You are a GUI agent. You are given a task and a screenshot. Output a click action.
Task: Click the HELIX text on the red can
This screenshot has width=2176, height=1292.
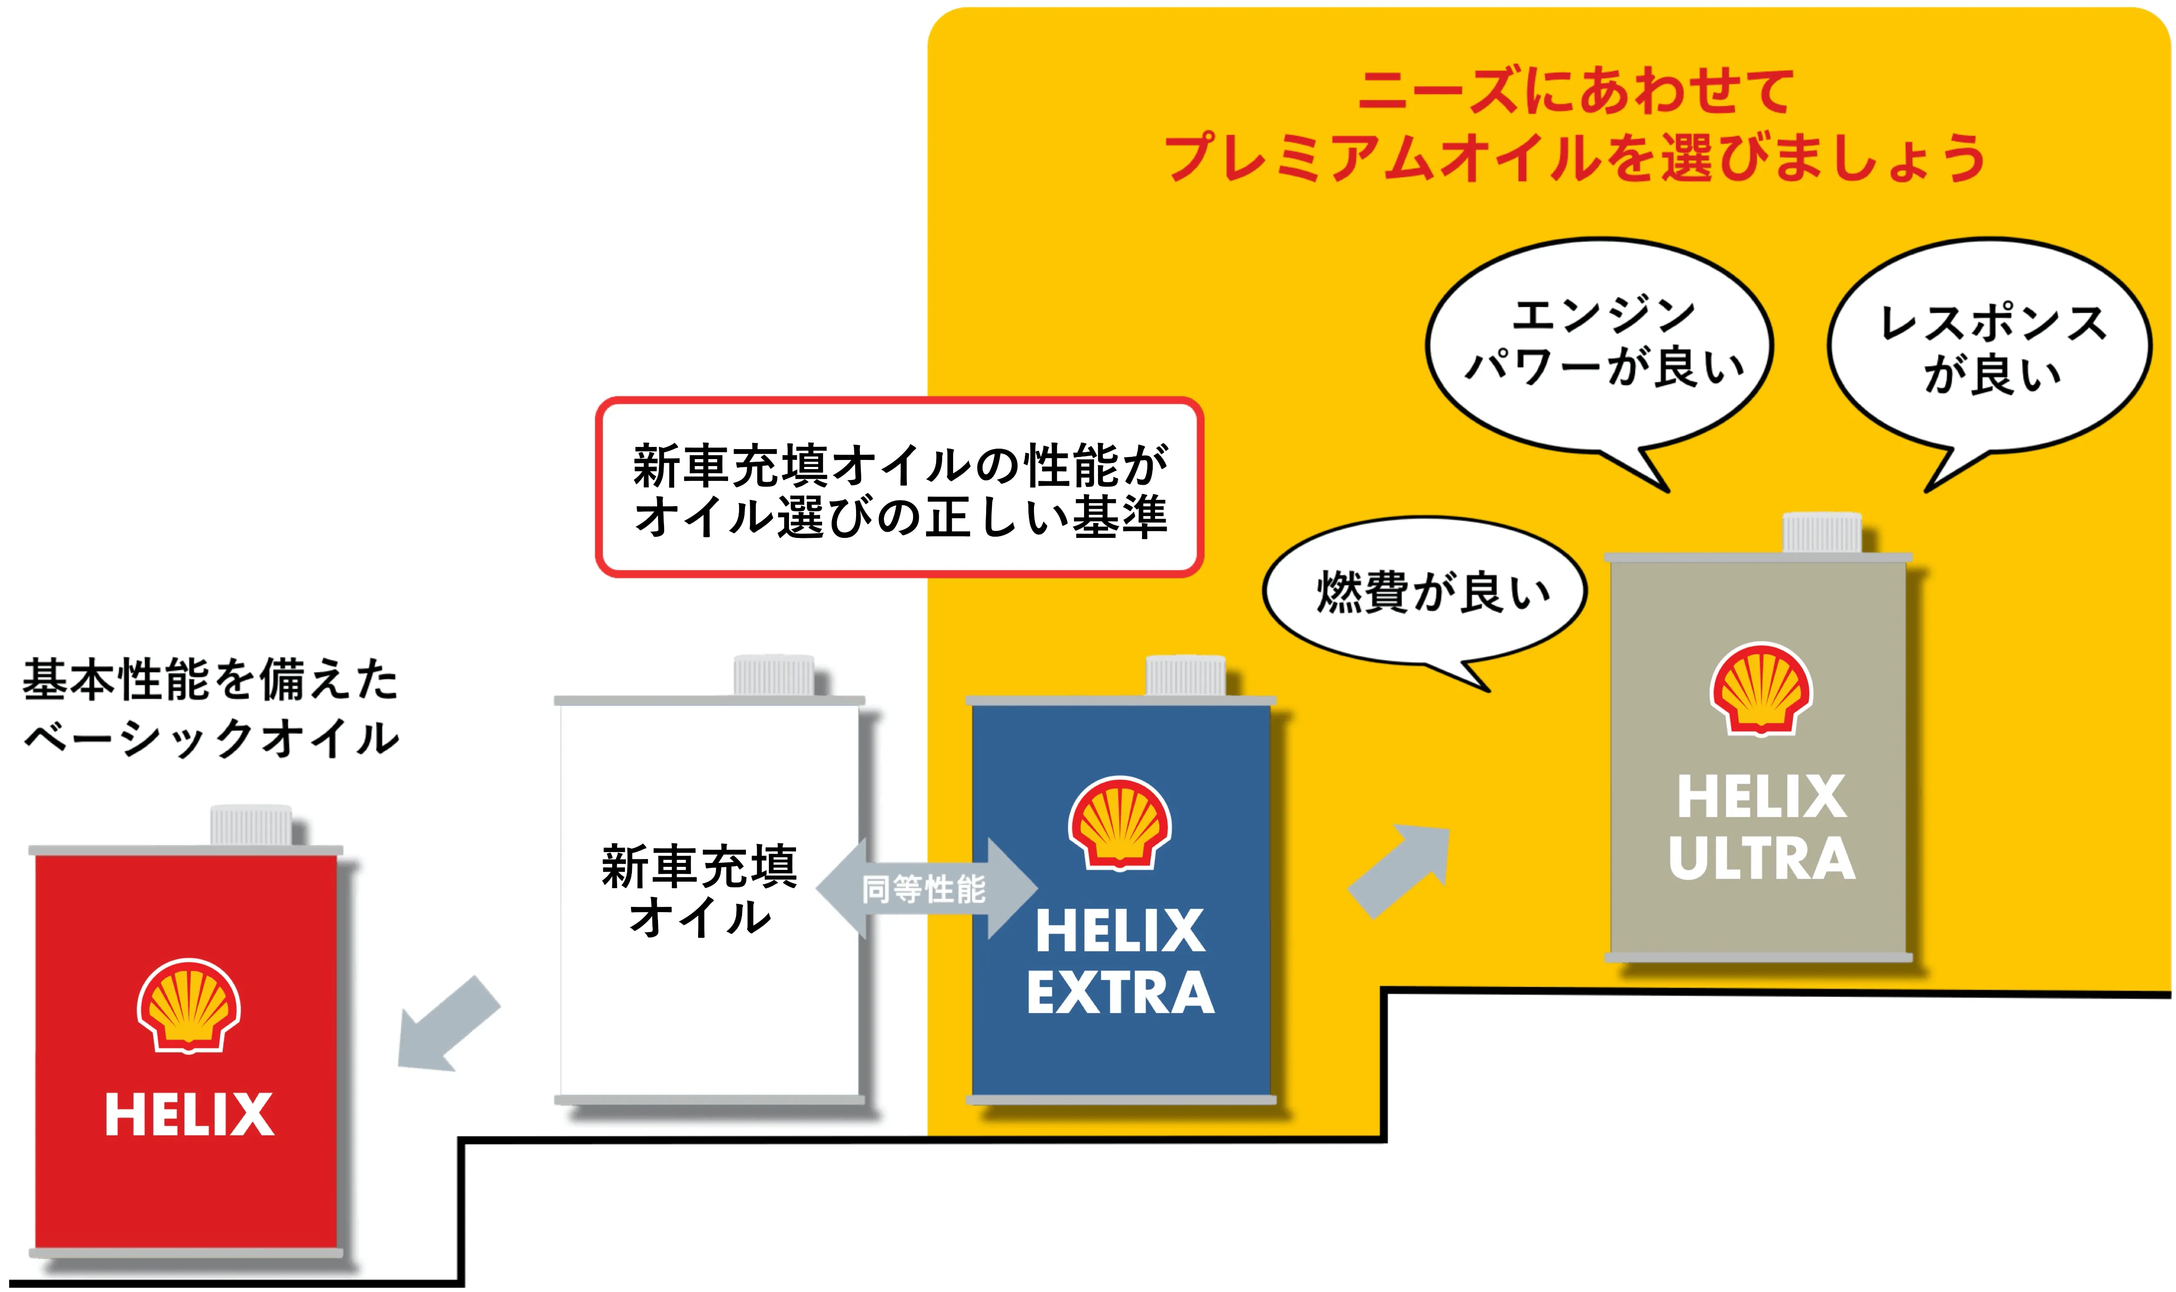[x=189, y=1114]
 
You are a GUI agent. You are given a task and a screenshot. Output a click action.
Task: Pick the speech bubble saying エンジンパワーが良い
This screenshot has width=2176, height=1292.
[x=1600, y=344]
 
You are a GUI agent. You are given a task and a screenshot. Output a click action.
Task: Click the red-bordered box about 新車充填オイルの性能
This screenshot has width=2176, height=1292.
[x=899, y=487]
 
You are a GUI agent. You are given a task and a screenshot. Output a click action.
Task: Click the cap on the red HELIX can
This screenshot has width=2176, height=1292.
[x=251, y=825]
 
